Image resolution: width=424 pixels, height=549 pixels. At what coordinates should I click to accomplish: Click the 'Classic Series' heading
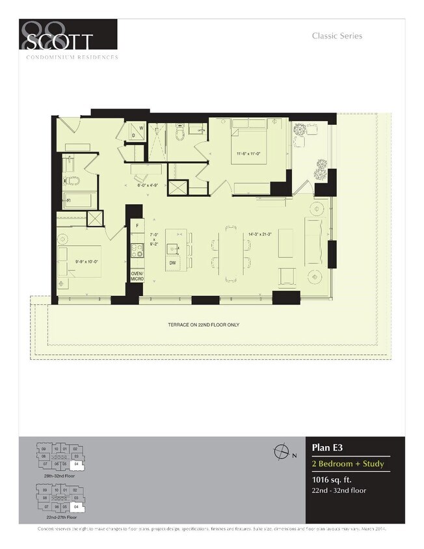(x=337, y=36)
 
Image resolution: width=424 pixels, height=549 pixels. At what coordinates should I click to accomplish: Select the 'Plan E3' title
(x=327, y=448)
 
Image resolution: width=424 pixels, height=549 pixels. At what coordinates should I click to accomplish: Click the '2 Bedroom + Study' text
(x=348, y=464)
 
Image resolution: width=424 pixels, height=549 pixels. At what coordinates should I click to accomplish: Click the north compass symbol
(x=282, y=451)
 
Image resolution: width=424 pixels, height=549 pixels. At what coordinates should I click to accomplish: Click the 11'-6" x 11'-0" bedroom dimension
(x=248, y=154)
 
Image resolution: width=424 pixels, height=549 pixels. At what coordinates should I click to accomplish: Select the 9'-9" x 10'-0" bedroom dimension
(x=86, y=262)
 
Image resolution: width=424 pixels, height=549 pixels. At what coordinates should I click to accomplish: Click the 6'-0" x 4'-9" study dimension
(x=148, y=185)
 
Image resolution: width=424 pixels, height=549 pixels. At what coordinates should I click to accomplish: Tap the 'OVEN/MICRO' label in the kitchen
(x=137, y=276)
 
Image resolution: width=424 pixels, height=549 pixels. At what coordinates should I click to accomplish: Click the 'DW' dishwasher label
(x=172, y=263)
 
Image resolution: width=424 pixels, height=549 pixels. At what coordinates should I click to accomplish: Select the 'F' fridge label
(x=137, y=226)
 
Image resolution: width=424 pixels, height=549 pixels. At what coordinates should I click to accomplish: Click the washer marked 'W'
(x=140, y=129)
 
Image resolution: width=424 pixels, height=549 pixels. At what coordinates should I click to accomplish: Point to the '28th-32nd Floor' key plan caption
(x=59, y=476)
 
